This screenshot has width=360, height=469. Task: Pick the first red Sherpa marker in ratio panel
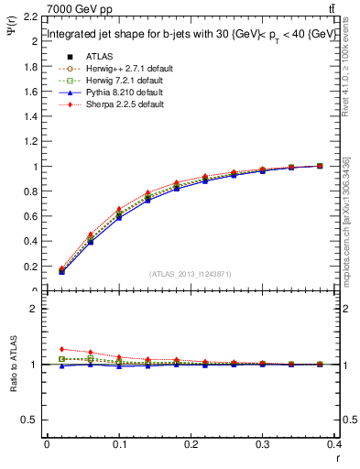(61, 349)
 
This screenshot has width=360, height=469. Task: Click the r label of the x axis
(336, 457)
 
